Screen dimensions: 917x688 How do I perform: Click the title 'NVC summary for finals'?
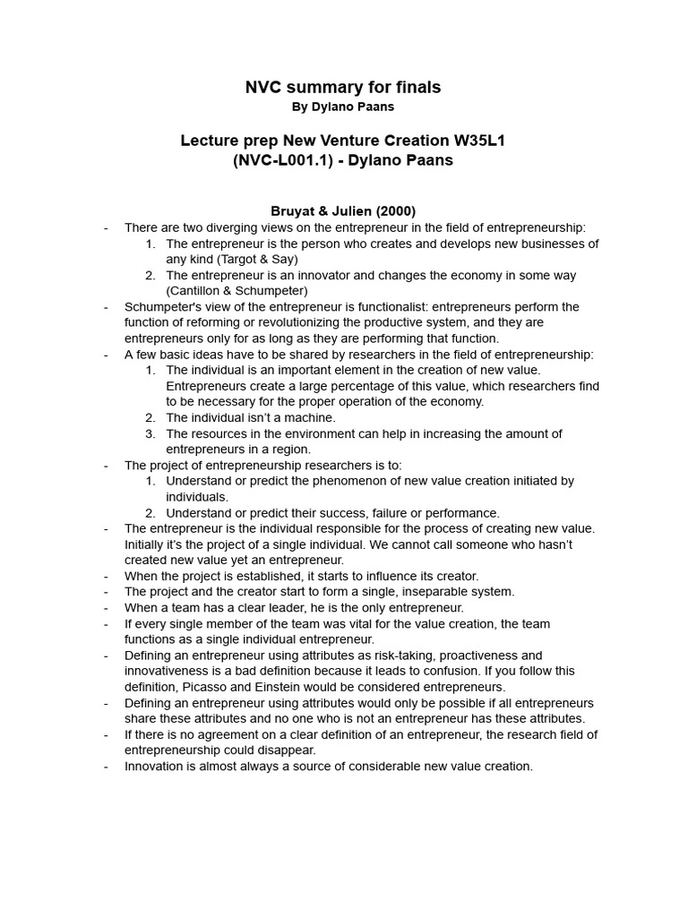[343, 87]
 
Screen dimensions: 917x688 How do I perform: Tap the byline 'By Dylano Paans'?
[343, 107]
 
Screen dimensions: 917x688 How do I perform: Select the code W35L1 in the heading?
[479, 141]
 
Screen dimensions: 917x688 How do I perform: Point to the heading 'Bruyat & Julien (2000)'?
[343, 211]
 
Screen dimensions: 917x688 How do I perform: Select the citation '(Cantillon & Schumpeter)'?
[236, 291]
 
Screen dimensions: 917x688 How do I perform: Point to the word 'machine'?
[310, 417]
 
